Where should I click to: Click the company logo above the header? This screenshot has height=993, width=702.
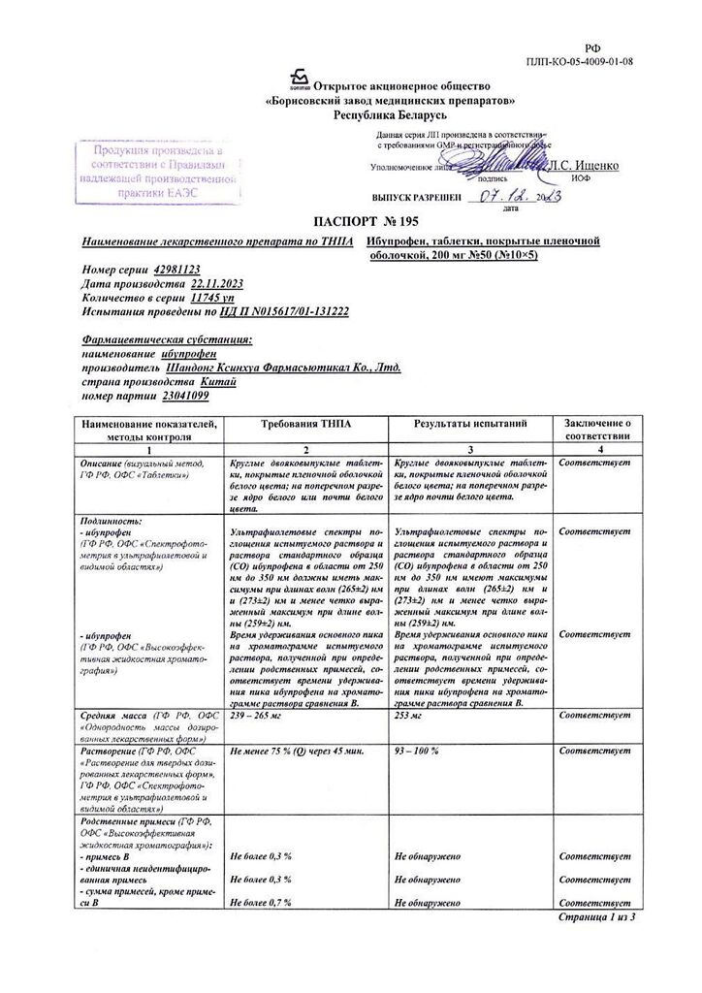point(299,80)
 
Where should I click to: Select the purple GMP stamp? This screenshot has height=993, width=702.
point(157,172)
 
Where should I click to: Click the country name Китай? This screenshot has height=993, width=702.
point(194,382)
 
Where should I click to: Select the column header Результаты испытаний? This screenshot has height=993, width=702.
point(470,425)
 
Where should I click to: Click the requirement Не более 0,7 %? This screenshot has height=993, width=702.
point(262,902)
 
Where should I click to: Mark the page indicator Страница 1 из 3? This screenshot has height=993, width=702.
point(597,916)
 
